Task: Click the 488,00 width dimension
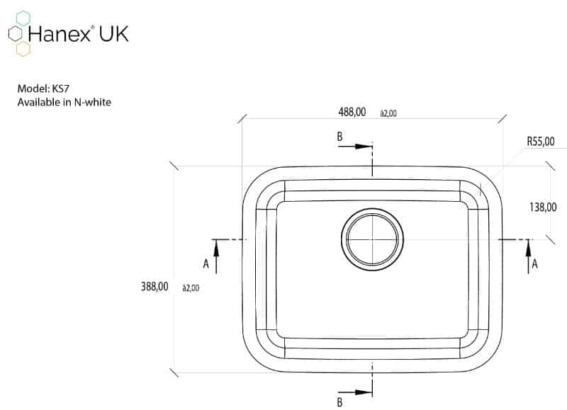352,112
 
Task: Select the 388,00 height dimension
155,287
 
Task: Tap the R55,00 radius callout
541,141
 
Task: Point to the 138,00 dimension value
543,207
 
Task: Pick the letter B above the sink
339,137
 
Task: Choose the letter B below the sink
339,402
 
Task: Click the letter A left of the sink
206,264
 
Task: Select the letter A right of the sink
535,264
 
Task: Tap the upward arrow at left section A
216,256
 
